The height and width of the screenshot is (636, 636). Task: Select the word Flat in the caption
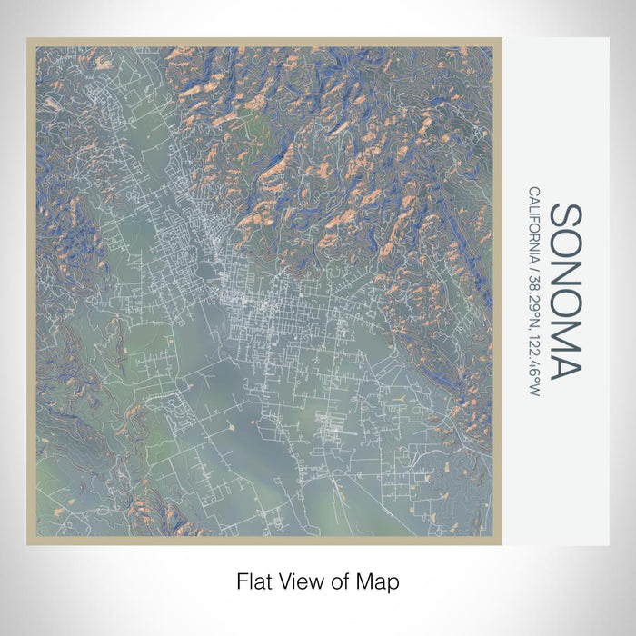pos(253,580)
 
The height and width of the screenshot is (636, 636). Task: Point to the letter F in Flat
pos(242,580)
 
